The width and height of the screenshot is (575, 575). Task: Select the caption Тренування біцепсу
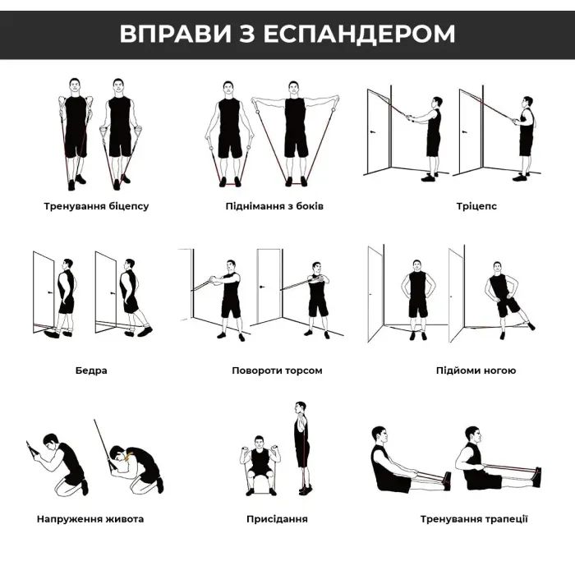pos(96,205)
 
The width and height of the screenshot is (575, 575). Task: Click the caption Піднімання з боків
pos(274,205)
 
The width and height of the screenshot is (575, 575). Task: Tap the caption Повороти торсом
pos(277,370)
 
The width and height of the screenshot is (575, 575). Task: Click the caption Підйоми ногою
pos(476,370)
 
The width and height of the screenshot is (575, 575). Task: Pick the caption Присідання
pos(277,519)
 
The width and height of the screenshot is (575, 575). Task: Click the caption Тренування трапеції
pos(474,519)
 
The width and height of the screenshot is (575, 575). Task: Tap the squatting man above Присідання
pos(260,468)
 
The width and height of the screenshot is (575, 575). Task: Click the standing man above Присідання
pos(301,448)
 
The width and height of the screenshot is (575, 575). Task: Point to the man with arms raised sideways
pos(295,131)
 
